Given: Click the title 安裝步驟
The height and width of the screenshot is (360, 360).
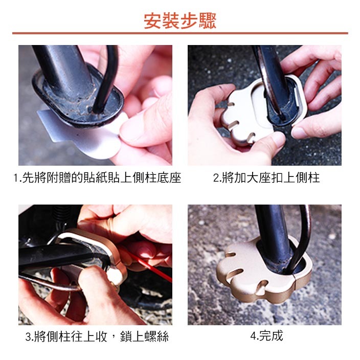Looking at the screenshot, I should point(180,20).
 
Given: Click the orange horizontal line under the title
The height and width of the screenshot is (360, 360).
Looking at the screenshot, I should point(180,33).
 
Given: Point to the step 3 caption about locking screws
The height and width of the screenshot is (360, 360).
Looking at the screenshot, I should point(97,337).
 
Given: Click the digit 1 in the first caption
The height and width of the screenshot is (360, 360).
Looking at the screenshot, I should point(17,178).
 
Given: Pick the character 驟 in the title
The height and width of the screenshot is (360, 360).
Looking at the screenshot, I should point(208,20).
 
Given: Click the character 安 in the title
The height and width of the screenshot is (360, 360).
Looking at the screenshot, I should point(152,20).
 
